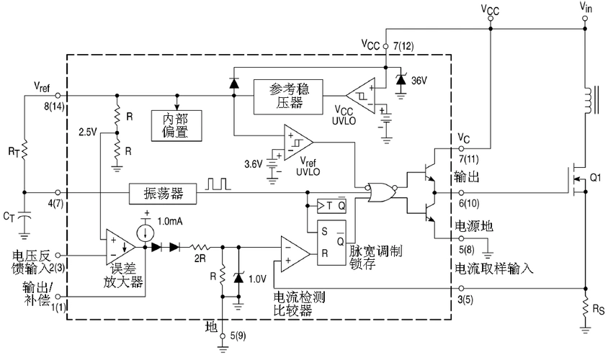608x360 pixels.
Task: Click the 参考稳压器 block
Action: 287,96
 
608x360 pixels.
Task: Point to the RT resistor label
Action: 14,151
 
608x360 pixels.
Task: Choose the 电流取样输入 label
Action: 493,269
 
